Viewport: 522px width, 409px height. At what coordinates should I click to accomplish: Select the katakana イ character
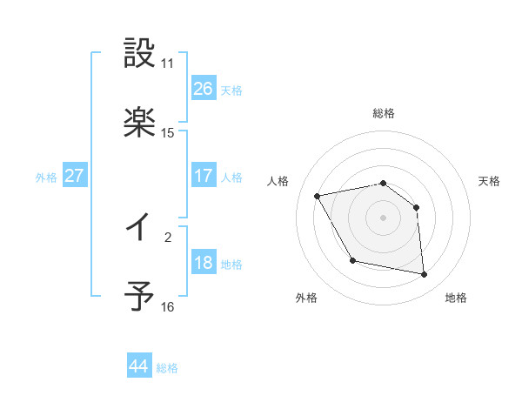click(139, 228)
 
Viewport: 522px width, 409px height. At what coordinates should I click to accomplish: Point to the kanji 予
click(139, 298)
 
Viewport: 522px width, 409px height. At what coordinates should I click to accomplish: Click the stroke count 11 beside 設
click(168, 64)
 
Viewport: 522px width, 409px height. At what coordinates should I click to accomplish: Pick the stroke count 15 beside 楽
click(168, 133)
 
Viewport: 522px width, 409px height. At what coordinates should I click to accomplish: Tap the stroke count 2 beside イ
click(168, 236)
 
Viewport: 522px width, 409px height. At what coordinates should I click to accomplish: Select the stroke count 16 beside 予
click(168, 307)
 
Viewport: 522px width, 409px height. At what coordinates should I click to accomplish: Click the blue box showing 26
click(203, 89)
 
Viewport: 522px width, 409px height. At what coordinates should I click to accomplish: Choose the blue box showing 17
click(203, 176)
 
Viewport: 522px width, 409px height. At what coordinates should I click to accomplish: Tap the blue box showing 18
click(203, 263)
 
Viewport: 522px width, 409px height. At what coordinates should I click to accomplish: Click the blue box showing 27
click(74, 176)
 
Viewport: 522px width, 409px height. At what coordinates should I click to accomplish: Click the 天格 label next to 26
click(231, 91)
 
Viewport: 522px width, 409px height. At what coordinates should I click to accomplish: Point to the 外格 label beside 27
click(46, 178)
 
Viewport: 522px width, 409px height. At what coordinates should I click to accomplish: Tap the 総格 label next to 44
click(167, 368)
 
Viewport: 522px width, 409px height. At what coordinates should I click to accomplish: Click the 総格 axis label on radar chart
click(384, 113)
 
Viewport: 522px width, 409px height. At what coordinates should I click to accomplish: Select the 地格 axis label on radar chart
click(456, 298)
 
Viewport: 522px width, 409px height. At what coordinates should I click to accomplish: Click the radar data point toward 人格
click(318, 195)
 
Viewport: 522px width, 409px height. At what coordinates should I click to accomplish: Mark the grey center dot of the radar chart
click(384, 218)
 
